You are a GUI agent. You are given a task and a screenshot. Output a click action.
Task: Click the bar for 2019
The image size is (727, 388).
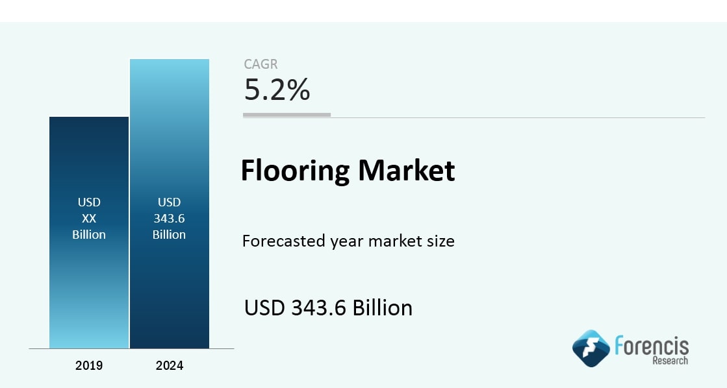click(89, 232)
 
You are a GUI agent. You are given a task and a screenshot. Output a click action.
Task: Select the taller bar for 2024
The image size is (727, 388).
click(170, 204)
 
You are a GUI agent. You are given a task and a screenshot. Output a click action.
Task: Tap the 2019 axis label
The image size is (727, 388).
click(89, 365)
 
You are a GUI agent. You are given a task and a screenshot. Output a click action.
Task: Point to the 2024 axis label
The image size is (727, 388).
click(170, 365)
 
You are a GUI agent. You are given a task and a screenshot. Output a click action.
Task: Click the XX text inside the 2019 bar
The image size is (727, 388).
click(89, 219)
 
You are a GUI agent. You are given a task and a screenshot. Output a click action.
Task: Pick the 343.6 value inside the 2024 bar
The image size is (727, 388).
click(169, 219)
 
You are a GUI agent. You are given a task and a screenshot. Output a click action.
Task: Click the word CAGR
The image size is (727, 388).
click(261, 64)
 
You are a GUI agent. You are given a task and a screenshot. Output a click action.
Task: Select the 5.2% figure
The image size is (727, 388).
click(277, 90)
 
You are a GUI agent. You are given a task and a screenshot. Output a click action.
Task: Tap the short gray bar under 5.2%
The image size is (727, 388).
click(287, 115)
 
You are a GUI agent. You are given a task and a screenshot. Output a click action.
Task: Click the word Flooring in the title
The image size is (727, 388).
click(296, 171)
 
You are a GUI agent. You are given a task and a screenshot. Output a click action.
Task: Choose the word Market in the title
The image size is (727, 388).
click(407, 170)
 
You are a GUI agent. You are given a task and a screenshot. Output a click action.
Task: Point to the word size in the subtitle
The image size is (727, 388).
click(440, 241)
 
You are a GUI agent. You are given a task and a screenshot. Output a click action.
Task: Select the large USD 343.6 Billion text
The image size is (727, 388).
click(328, 308)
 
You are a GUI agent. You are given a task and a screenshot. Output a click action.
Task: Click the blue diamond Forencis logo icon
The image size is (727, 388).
click(591, 348)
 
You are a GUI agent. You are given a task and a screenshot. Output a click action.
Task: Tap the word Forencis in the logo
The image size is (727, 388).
click(652, 346)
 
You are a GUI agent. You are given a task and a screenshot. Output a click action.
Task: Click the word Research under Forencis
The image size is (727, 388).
click(670, 361)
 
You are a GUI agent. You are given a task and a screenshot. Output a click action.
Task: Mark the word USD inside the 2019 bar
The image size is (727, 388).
click(89, 202)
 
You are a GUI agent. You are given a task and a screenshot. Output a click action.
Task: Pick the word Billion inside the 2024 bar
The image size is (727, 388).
click(169, 235)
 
